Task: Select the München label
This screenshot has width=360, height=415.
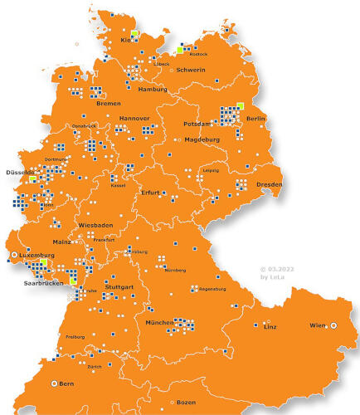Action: pos(158,322)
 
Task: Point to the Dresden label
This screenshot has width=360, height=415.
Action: pos(269,183)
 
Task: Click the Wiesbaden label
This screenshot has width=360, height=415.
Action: pos(95,225)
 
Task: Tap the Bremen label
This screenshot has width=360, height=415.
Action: pos(108,104)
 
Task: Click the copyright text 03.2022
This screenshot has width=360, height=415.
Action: pos(283,269)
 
